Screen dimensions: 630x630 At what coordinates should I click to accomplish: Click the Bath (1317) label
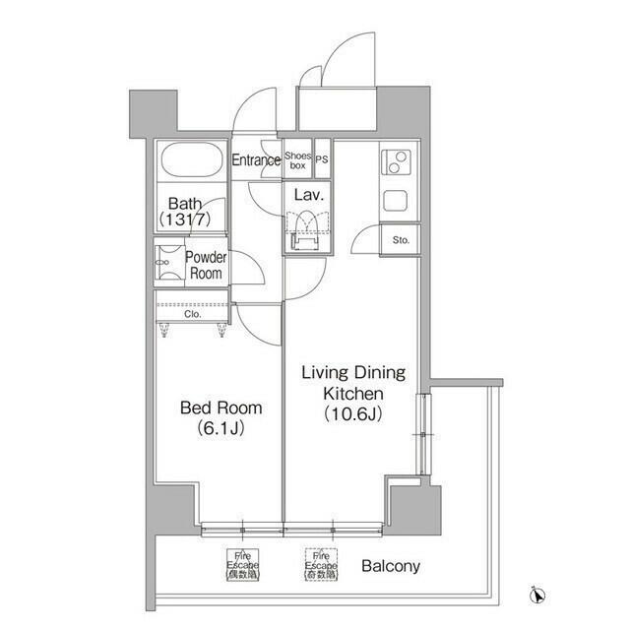pyautogui.click(x=192, y=212)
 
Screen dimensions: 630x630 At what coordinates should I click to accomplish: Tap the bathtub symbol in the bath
pyautogui.click(x=193, y=161)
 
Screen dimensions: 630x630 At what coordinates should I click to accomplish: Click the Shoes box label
pyautogui.click(x=297, y=160)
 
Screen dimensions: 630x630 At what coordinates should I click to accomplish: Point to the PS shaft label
pyautogui.click(x=321, y=160)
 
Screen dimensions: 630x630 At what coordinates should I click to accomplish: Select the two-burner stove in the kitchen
pyautogui.click(x=396, y=161)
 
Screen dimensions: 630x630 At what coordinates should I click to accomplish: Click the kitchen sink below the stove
pyautogui.click(x=396, y=201)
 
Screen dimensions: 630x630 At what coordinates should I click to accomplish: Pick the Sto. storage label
pyautogui.click(x=401, y=240)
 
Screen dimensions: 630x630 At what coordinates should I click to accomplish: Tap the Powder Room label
pyautogui.click(x=206, y=266)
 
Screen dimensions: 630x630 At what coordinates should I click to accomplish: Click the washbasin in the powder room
pyautogui.click(x=167, y=264)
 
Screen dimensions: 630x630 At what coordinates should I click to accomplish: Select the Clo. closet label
pyautogui.click(x=193, y=317)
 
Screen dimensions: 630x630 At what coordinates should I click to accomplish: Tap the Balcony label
pyautogui.click(x=391, y=566)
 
